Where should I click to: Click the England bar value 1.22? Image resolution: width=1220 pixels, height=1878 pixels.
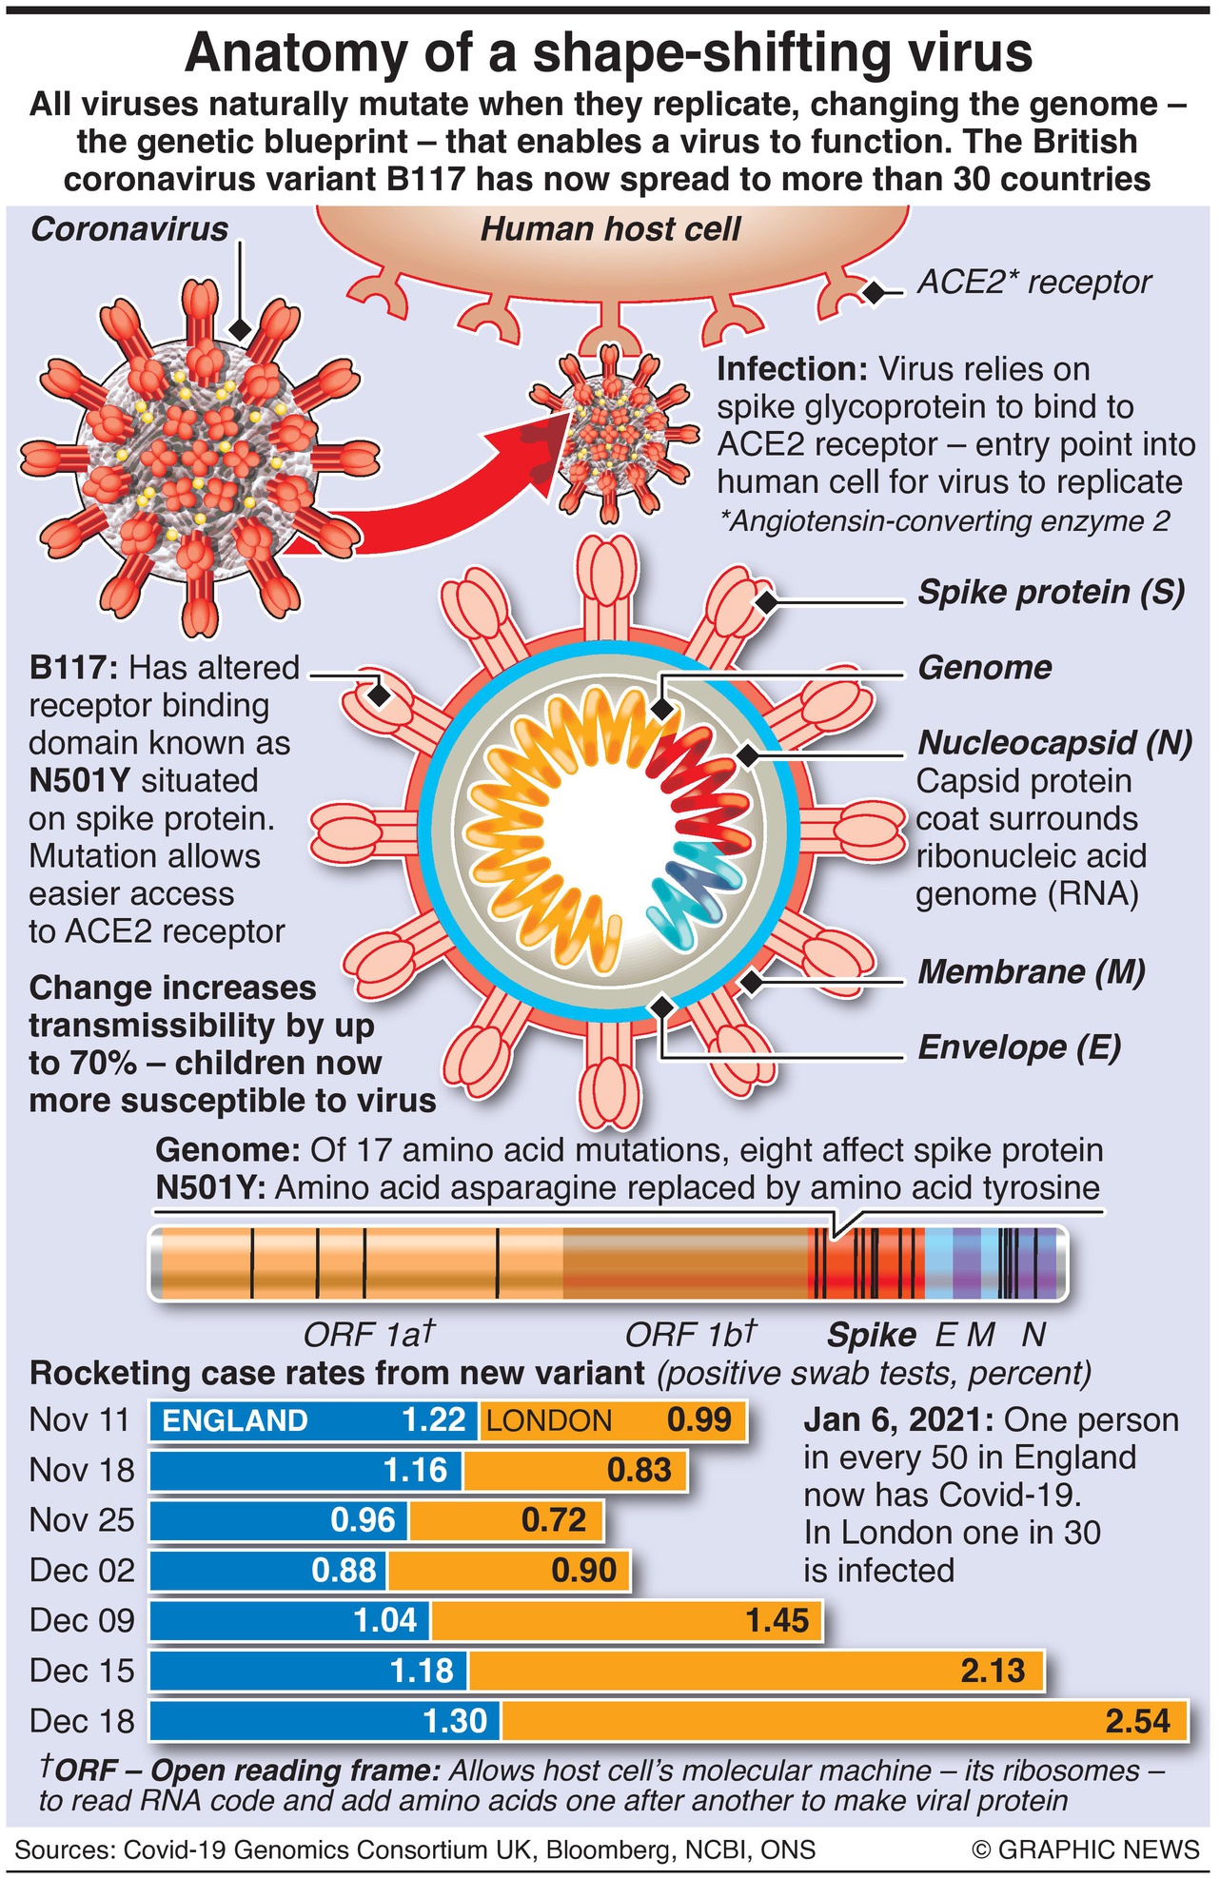(433, 1420)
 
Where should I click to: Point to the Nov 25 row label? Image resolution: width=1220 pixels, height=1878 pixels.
(82, 1520)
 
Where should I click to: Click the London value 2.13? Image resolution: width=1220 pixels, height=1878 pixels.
(993, 1671)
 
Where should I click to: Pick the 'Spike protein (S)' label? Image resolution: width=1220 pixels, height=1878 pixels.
(1051, 593)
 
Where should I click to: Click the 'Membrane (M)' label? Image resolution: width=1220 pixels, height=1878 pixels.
(1031, 972)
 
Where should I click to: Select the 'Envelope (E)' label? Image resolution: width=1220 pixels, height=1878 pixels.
(1019, 1047)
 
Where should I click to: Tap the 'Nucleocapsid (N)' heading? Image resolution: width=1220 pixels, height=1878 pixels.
(1054, 743)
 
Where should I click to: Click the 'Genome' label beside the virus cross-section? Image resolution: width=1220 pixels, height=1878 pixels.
(984, 668)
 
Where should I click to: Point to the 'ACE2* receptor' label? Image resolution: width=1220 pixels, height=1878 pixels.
(1033, 283)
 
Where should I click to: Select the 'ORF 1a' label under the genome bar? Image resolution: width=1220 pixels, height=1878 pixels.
(368, 1335)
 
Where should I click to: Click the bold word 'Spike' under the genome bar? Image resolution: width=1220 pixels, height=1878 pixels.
(871, 1336)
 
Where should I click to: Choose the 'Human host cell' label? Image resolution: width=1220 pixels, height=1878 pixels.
(610, 229)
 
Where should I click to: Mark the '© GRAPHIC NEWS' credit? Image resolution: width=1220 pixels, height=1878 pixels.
(1085, 1849)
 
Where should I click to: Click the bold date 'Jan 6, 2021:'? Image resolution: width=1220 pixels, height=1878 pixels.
(899, 1420)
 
